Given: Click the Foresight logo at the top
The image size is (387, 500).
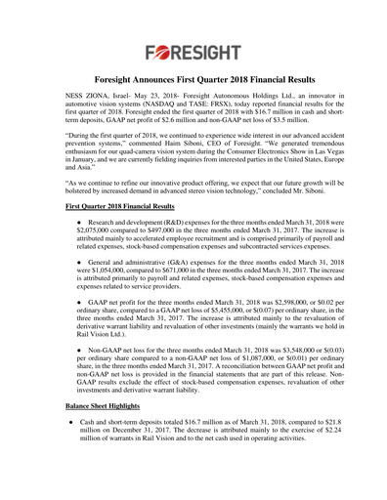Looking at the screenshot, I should [193, 49].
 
